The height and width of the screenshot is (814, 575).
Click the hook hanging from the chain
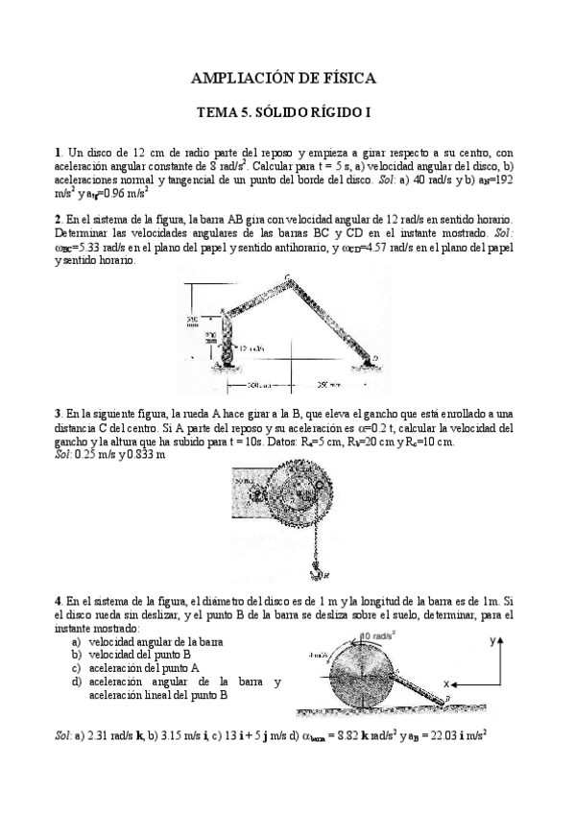(x=313, y=573)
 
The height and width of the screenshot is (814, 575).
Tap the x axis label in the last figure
(x=447, y=683)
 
